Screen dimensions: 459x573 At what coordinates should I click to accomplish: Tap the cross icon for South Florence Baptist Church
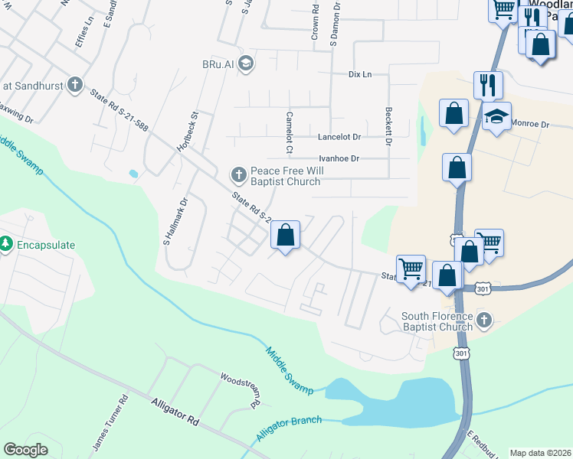[x=483, y=319]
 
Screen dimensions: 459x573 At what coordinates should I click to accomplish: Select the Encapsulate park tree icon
[x=6, y=245]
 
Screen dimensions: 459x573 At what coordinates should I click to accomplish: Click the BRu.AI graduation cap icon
[x=245, y=62]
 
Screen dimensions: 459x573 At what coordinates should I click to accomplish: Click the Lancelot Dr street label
[x=339, y=137]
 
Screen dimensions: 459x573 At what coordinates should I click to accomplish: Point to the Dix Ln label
[x=359, y=74]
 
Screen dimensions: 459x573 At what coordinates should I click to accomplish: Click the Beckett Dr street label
[x=388, y=126]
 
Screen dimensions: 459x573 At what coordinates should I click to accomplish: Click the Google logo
[x=26, y=450]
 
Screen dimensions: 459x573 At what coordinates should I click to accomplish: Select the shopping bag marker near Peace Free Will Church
[x=285, y=235]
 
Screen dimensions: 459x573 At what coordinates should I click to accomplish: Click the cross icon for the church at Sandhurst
[x=74, y=84]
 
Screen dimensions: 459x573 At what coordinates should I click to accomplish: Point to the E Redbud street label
[x=480, y=444]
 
